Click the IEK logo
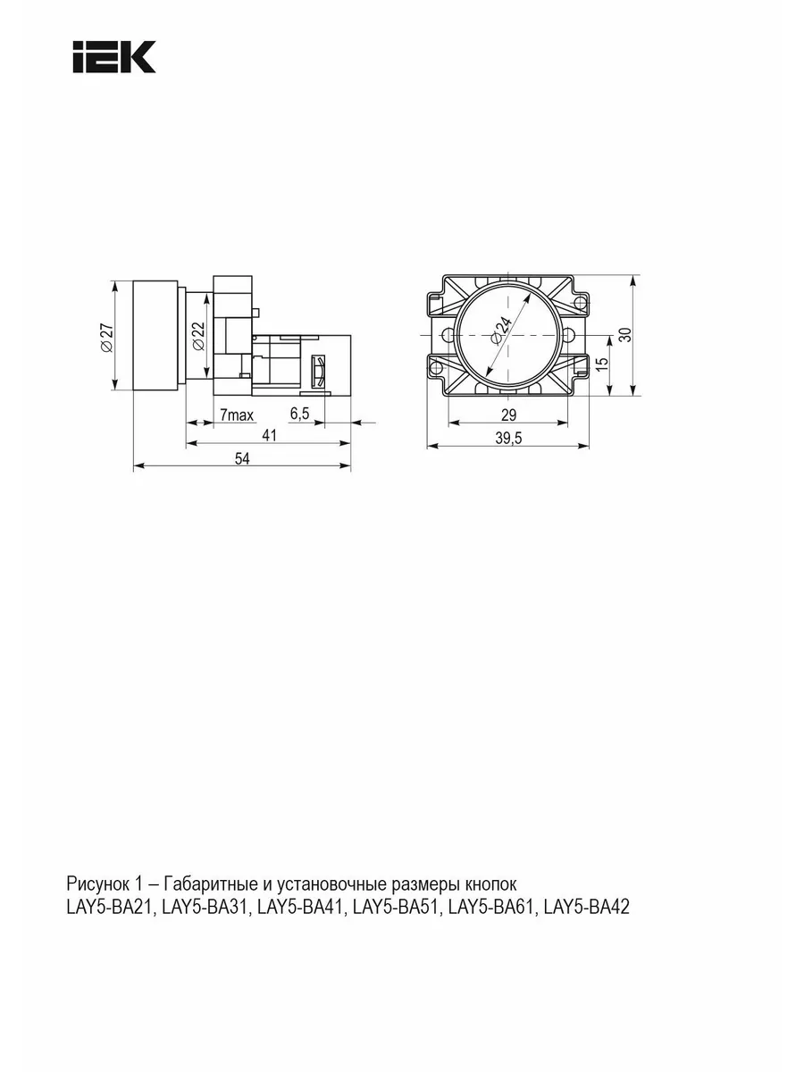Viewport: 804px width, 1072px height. (113, 57)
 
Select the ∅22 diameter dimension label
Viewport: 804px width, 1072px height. (198, 336)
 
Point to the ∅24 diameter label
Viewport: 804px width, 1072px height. (502, 331)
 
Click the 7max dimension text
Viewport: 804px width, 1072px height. (237, 415)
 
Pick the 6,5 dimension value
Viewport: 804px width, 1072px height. (300, 414)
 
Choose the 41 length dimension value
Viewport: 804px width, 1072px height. (269, 435)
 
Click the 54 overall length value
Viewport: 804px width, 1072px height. (242, 458)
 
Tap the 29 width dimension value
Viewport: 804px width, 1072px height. (508, 415)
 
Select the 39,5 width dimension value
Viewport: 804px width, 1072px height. (508, 438)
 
